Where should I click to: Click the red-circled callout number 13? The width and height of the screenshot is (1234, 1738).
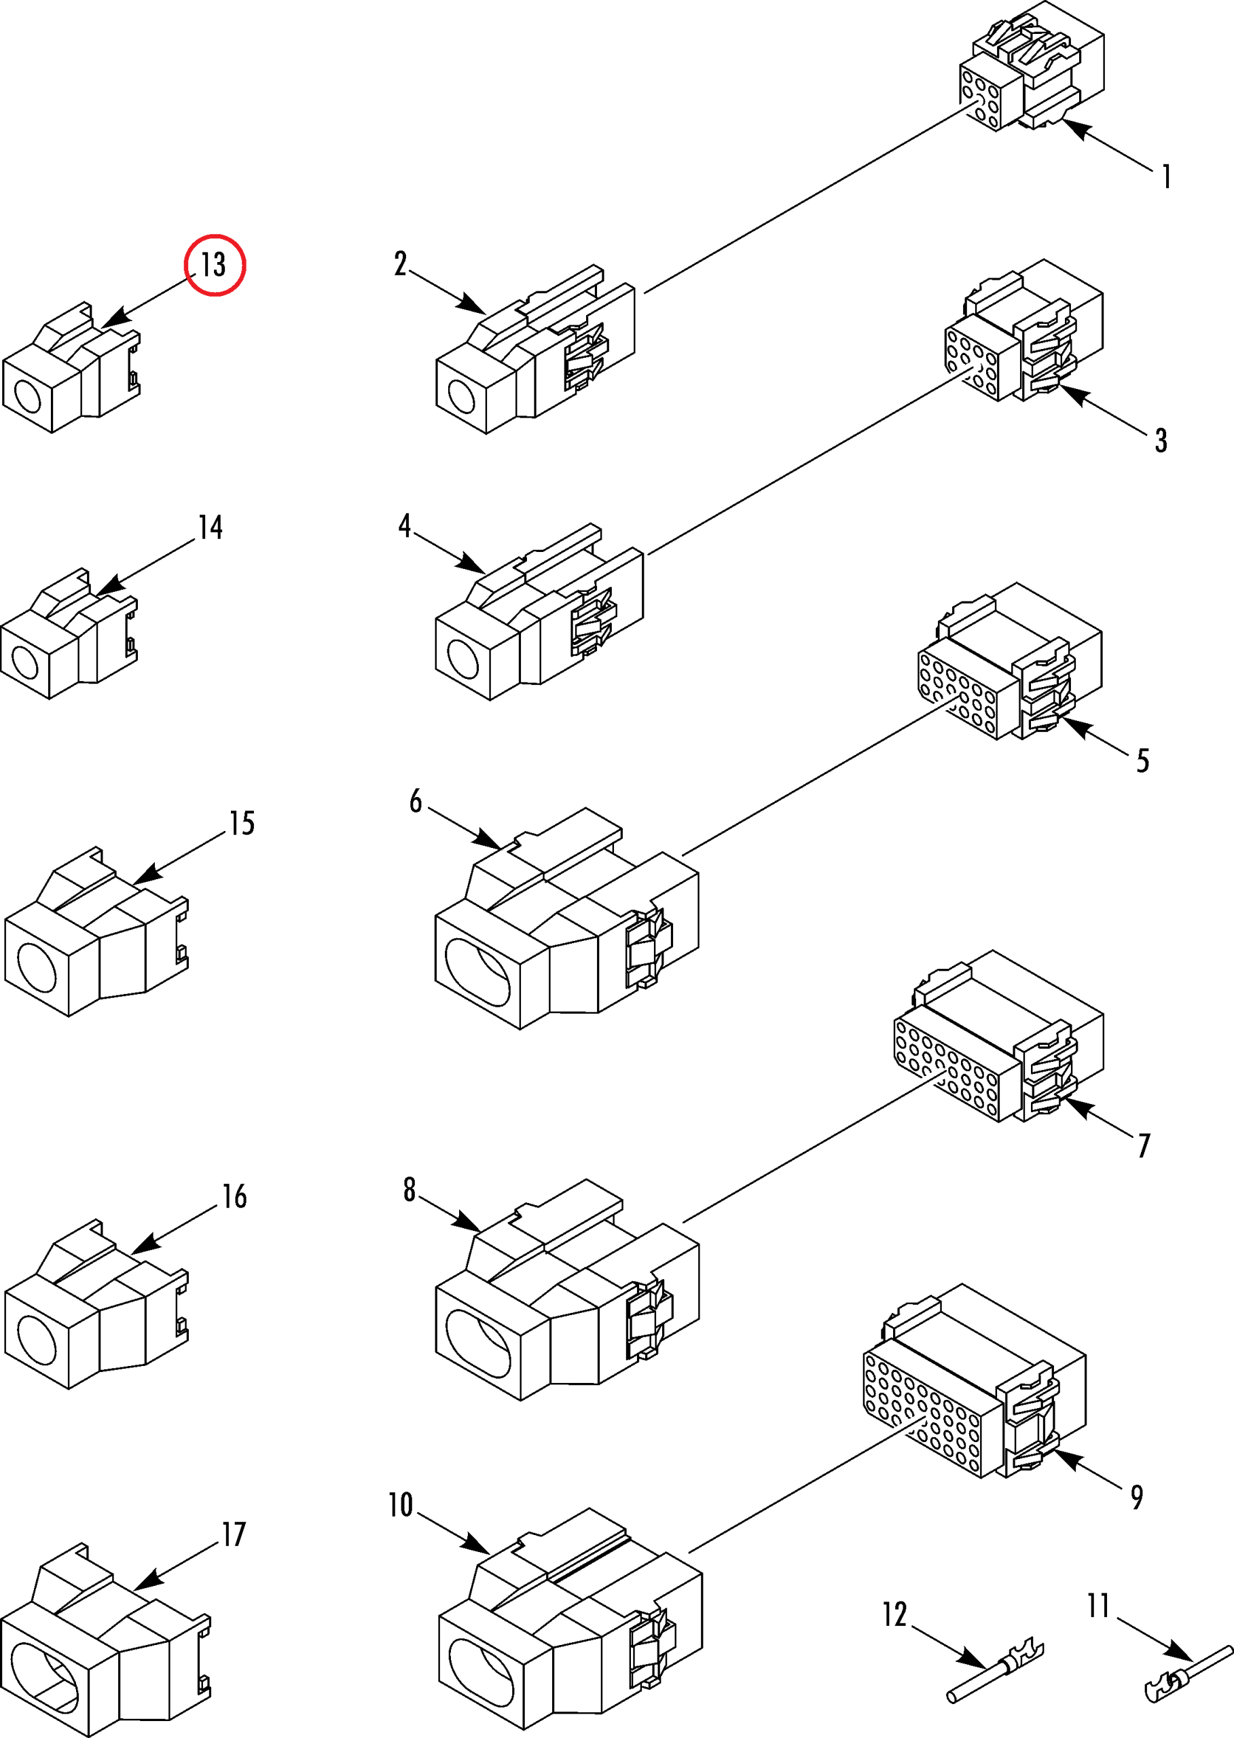215,264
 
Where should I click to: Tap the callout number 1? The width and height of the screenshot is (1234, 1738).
1165,177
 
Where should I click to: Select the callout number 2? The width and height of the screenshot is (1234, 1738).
401,263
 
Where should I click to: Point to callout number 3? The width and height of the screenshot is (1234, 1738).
1160,441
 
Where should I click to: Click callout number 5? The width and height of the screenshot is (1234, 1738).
1142,760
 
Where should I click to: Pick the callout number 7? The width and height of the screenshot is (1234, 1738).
1144,1145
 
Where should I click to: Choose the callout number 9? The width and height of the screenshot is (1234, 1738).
1137,1497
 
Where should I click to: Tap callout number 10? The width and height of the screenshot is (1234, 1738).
401,1505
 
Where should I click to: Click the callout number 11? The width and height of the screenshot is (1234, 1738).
1098,1606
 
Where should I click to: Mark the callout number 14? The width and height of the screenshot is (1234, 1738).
211,528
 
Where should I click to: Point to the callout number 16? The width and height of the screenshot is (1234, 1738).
234,1196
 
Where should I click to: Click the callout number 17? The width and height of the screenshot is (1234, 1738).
233,1534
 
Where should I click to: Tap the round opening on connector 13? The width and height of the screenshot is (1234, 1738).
28,396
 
